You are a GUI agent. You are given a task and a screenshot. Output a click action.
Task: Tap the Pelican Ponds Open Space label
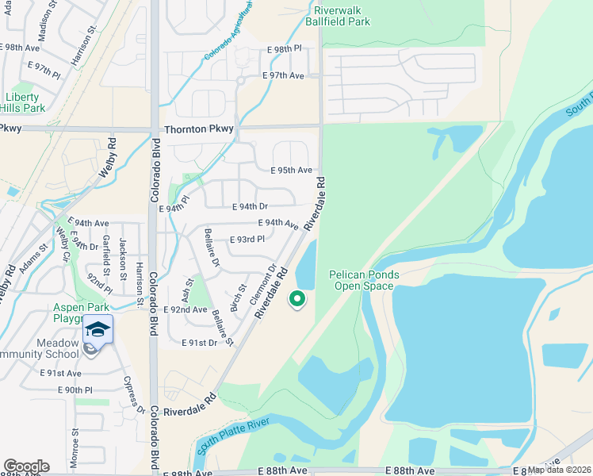point(364,280)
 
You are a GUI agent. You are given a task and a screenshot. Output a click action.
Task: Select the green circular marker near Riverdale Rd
point(297,299)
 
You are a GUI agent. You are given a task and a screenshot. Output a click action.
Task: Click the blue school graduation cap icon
point(98,329)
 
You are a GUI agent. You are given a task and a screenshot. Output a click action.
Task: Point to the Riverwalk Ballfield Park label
point(342,17)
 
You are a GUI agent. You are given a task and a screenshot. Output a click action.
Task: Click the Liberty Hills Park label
point(25,102)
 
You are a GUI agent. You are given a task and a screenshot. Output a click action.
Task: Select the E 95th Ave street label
point(291,170)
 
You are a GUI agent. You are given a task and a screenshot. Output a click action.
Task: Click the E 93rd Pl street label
point(247,240)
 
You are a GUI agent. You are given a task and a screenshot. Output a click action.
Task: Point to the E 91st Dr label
point(199,343)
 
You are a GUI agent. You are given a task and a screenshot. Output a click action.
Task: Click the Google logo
point(26,466)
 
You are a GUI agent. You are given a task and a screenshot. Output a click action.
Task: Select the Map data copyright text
point(560,470)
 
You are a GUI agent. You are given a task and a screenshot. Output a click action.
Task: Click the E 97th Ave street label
point(284,75)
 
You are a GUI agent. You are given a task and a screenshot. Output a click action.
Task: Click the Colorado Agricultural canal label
point(229,33)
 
